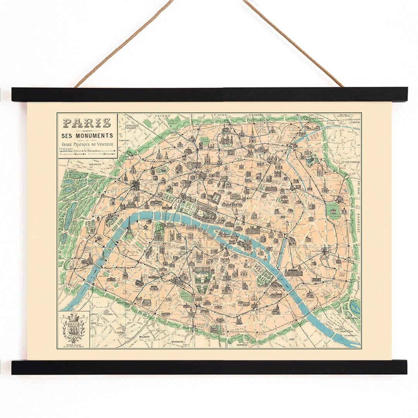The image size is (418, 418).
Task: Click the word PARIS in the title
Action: (87, 123)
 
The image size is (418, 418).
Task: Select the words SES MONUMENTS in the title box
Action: (87, 135)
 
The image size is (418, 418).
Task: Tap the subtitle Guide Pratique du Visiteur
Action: (87, 145)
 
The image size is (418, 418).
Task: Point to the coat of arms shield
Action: (74, 325)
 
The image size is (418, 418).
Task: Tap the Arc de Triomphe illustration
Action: (135, 185)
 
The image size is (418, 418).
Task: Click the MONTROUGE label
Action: (177, 342)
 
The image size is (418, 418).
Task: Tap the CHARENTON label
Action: (346, 332)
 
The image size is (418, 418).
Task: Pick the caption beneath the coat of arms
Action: (74, 344)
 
